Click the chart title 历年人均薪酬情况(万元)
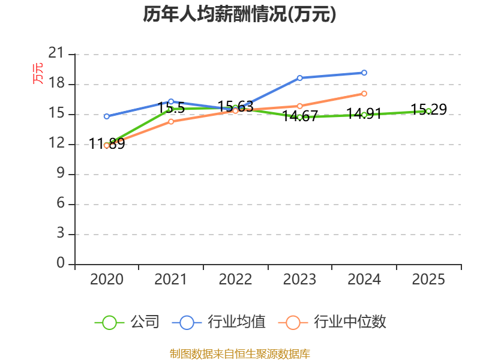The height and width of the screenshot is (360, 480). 239,14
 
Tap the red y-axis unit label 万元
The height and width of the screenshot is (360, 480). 38,73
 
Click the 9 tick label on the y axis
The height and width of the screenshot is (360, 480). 60,174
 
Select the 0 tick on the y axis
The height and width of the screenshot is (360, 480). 60,263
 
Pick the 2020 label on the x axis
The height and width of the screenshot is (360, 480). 106,280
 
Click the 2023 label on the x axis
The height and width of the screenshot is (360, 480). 299,280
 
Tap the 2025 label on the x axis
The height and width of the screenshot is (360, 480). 428,280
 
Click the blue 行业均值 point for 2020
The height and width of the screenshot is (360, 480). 107,116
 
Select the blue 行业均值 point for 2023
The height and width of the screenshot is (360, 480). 299,78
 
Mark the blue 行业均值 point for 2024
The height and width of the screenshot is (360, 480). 364,73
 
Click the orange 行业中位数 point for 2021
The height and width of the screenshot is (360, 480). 171,122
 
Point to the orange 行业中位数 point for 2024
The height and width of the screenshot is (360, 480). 364,94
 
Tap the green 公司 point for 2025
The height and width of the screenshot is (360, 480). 428,111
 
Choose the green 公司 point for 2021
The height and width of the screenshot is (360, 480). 170,109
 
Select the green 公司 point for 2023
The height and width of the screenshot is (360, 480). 299,117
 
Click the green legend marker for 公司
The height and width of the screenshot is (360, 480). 109,322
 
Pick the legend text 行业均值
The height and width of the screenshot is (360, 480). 236,322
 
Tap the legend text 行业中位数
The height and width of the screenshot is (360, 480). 350,322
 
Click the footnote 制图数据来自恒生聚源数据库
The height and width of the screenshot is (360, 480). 239,353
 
